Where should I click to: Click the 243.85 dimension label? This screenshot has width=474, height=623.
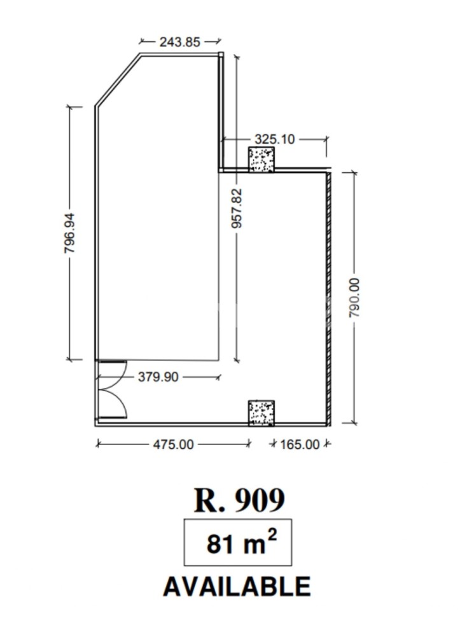pyautogui.click(x=179, y=42)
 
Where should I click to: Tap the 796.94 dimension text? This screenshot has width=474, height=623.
pyautogui.click(x=69, y=233)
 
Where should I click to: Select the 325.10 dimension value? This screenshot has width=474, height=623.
pyautogui.click(x=274, y=139)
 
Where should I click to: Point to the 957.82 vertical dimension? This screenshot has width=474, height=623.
pyautogui.click(x=237, y=209)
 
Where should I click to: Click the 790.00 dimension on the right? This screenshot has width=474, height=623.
pyautogui.click(x=354, y=298)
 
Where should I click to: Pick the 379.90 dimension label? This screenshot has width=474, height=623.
pyautogui.click(x=158, y=376)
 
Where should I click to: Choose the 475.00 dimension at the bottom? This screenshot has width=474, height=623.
pyautogui.click(x=173, y=444)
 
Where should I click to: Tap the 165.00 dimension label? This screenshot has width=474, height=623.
pyautogui.click(x=300, y=444)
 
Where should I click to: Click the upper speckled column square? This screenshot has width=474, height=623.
pyautogui.click(x=261, y=160)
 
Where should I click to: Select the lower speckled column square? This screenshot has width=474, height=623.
pyautogui.click(x=261, y=413)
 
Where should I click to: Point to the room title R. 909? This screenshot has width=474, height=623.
pyautogui.click(x=239, y=500)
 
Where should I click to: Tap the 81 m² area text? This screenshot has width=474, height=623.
pyautogui.click(x=241, y=543)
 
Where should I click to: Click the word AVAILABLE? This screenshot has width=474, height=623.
pyautogui.click(x=237, y=586)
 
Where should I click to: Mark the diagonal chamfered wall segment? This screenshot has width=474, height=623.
pyautogui.click(x=118, y=79)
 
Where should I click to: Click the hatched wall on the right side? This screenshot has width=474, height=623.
pyautogui.click(x=329, y=299)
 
